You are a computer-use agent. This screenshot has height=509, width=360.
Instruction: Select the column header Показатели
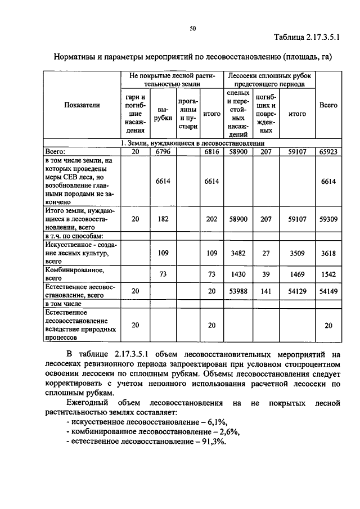click(82, 105)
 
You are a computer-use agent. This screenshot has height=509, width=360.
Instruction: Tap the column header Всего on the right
click(328, 105)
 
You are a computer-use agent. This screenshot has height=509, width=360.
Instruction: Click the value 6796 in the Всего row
click(161, 151)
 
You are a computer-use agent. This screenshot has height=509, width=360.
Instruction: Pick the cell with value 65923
click(328, 151)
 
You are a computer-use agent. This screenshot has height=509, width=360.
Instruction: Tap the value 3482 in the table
click(238, 254)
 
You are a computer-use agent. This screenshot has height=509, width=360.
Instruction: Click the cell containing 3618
click(328, 254)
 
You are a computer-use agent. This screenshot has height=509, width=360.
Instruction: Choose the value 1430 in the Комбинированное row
click(238, 274)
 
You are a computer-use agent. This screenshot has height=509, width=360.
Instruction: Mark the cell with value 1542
click(328, 274)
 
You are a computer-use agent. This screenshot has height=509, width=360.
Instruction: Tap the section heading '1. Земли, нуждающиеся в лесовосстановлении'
click(192, 143)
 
